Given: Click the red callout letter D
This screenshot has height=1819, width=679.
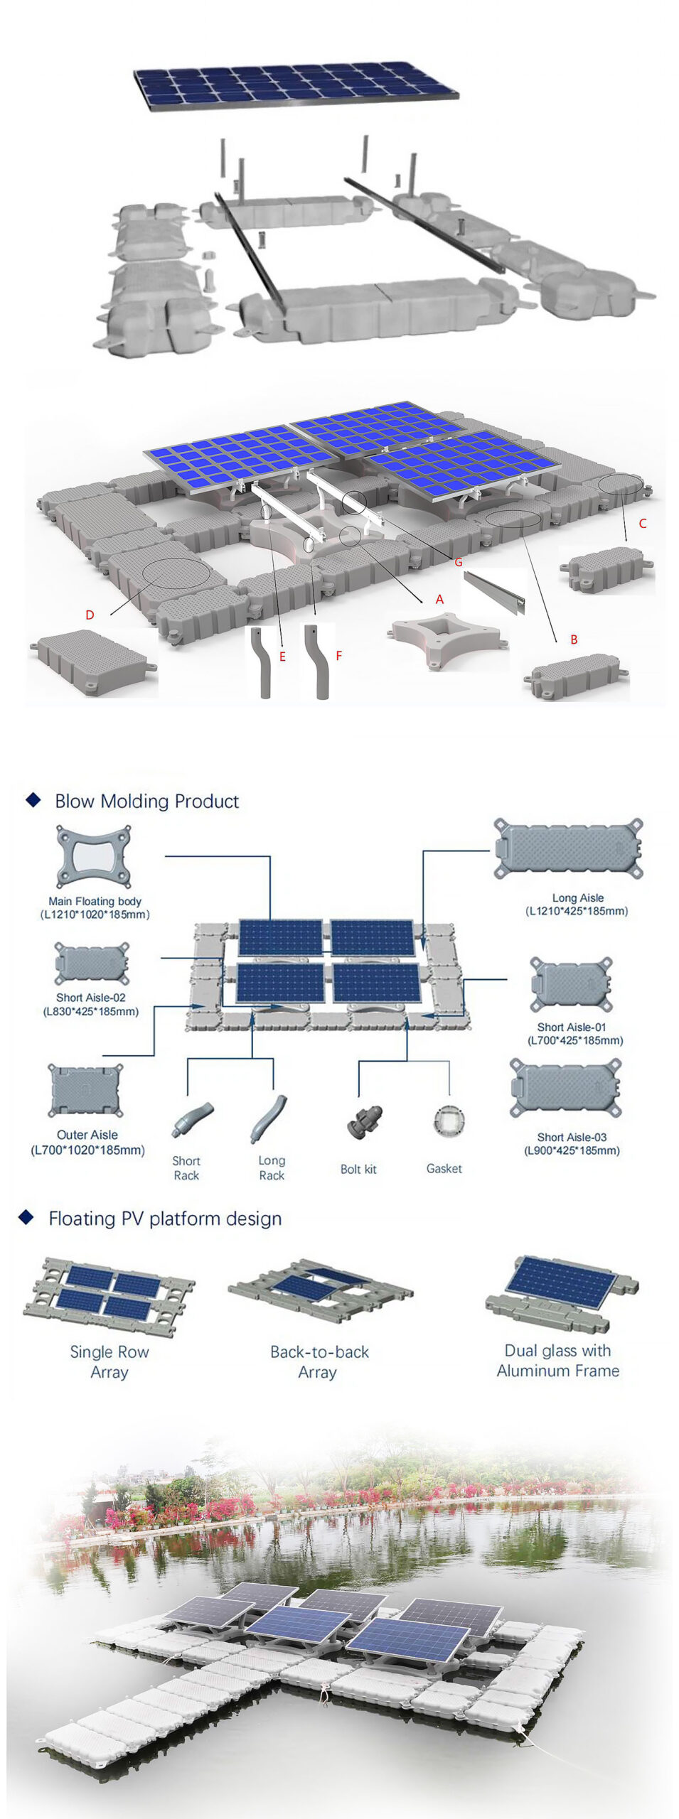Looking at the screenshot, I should [90, 615].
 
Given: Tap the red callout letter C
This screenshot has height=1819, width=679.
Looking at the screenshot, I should [643, 524].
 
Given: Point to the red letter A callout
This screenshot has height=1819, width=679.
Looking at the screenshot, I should [439, 600].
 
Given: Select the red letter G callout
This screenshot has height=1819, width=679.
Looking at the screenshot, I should [459, 562].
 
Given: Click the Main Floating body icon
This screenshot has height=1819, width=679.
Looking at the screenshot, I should [94, 856].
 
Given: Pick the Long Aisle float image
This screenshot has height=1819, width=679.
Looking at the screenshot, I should [569, 848].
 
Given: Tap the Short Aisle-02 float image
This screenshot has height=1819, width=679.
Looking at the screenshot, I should [92, 964].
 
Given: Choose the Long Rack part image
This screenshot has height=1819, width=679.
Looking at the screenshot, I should [269, 1118].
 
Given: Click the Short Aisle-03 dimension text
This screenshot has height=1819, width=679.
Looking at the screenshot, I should [572, 1150].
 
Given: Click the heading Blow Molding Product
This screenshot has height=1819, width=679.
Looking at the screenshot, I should [146, 801].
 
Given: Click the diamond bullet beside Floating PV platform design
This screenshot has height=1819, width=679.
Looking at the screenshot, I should [26, 1217].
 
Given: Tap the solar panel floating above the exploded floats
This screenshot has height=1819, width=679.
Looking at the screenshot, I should [296, 85].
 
